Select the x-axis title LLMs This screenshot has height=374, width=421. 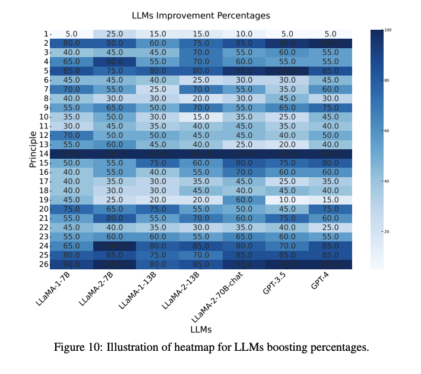(201, 329)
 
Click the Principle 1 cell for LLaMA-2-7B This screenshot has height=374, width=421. (115, 34)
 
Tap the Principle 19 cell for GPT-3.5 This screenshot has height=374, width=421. (287, 200)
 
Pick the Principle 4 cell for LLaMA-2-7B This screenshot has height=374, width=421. (115, 62)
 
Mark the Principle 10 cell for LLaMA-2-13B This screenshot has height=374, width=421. (201, 117)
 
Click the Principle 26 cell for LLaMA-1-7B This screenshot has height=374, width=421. (71, 264)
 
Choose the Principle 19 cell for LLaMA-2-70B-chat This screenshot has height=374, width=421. (244, 200)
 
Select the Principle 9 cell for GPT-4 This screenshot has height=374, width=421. (331, 108)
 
